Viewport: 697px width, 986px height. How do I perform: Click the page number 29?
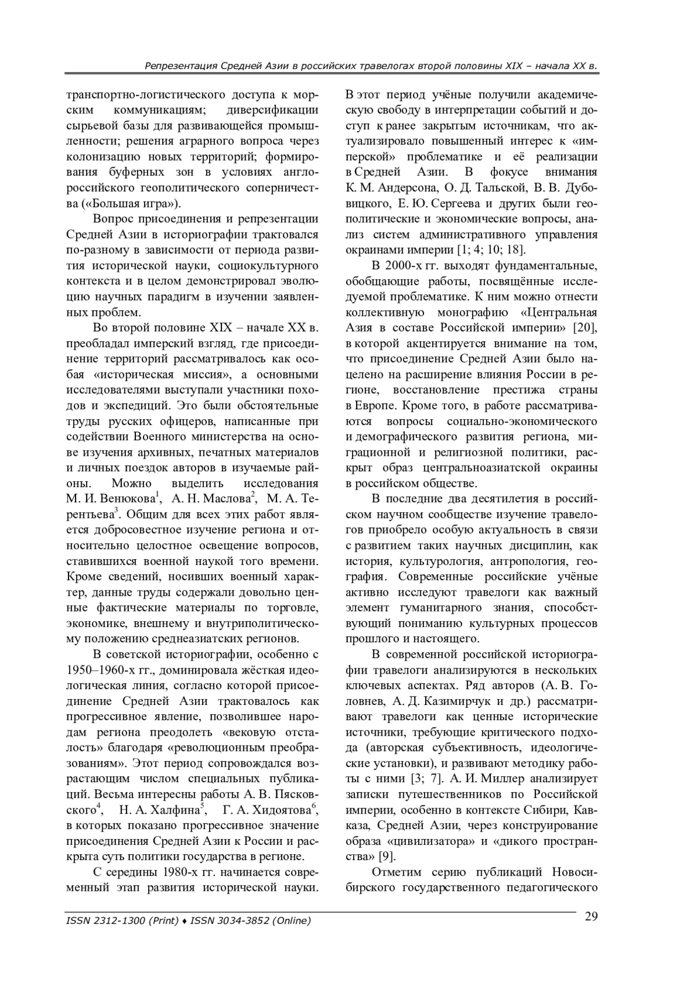(x=591, y=917)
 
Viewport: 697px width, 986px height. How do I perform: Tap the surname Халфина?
(x=173, y=810)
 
